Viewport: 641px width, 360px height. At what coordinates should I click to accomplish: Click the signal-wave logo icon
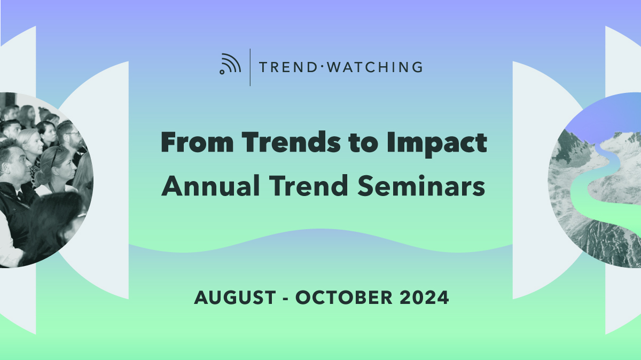coord(230,64)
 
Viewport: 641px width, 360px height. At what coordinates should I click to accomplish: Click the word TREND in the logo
coord(287,67)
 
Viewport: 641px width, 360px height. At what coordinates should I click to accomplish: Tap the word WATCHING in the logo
coord(375,67)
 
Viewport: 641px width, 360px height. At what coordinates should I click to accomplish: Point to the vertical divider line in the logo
coord(250,67)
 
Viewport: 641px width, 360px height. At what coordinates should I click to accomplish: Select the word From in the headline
coord(197,142)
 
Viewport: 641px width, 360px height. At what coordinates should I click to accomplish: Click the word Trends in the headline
coord(291,142)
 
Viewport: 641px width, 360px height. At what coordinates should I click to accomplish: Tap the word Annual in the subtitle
coord(210,186)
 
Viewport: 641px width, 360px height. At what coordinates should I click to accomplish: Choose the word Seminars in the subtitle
coord(421,186)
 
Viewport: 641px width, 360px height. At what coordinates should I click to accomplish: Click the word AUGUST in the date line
coord(235,298)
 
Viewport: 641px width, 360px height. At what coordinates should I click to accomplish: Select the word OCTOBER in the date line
coord(343,298)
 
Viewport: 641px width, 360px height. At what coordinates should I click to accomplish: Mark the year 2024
coord(424,298)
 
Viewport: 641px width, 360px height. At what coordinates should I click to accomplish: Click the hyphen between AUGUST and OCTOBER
coord(285,299)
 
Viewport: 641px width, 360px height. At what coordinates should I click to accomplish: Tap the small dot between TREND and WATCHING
coord(322,67)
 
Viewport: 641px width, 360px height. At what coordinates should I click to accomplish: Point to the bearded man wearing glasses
coord(72,140)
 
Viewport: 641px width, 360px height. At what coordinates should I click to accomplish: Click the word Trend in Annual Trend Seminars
coord(309,186)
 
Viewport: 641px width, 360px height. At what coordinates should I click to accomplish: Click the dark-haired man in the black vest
coord(15,189)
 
